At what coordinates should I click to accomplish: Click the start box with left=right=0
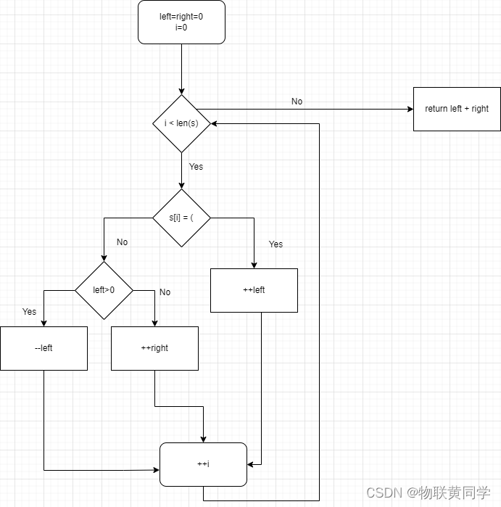181,22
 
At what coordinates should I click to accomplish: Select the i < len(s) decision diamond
181,123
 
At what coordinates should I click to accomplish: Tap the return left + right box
457,109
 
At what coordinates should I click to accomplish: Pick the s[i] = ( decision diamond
181,218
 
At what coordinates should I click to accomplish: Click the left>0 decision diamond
104,290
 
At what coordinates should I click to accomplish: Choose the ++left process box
254,290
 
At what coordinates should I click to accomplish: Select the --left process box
44,348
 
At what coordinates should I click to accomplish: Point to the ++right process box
154,348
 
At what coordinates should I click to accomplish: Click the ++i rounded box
203,464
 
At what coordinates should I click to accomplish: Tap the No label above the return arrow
297,102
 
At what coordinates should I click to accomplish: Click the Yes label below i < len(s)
196,167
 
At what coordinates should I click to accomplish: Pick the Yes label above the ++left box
276,244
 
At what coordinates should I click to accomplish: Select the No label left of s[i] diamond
122,242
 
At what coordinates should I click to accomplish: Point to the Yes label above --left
29,312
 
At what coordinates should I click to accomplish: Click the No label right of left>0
165,292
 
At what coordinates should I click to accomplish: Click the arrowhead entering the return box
410,109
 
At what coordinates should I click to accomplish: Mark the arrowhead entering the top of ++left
254,265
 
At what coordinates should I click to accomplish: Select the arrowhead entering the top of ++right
154,323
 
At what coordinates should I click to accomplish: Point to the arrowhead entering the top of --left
44,323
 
